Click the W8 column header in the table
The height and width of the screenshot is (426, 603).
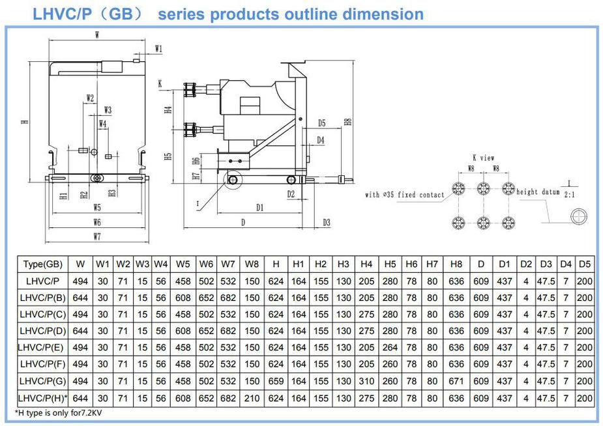point(251,264)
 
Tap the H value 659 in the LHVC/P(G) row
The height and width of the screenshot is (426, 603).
point(276,381)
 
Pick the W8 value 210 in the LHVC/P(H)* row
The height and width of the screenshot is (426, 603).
point(251,398)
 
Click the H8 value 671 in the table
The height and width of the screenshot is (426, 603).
point(456,381)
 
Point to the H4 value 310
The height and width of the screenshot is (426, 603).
point(366,381)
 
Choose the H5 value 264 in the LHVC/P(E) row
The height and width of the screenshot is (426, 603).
point(390,348)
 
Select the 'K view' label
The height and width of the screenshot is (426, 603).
point(483,158)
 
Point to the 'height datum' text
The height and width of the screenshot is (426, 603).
point(538,192)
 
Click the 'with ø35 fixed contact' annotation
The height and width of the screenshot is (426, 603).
point(404,195)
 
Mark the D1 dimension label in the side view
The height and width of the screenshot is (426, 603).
point(259,207)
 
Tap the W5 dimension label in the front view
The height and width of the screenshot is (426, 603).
point(96,208)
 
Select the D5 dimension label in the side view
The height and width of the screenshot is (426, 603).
point(322,122)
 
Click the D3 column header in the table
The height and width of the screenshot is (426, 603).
point(546,264)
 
